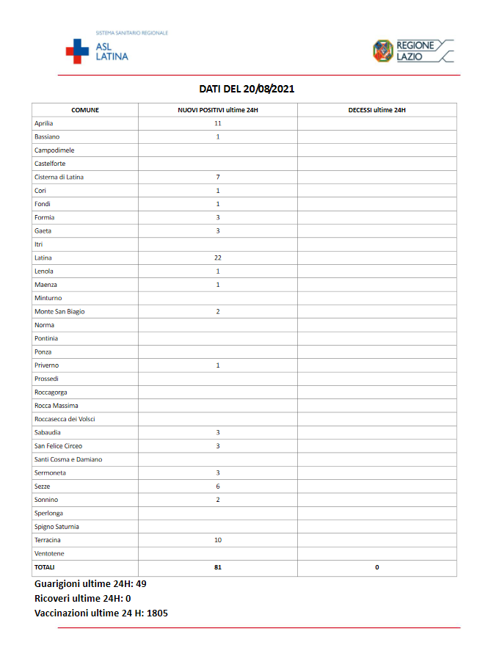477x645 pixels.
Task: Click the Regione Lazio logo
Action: coord(413,51)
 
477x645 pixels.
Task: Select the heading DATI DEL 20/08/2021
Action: coord(247,89)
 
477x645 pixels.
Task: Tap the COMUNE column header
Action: coord(85,110)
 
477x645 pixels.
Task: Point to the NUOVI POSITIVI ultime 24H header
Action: coord(218,110)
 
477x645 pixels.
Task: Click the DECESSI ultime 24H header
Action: coord(376,110)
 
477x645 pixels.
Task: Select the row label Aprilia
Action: coord(43,123)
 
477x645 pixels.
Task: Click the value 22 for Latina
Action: coord(218,258)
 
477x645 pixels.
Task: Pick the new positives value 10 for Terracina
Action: coord(218,539)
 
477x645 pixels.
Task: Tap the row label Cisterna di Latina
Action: coord(59,177)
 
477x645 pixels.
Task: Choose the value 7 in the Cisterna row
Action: coord(218,177)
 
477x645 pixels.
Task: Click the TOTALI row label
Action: coord(44,567)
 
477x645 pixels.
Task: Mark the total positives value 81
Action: coord(218,567)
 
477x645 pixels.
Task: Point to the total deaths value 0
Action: coord(376,567)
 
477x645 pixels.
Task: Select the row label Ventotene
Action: coord(48,553)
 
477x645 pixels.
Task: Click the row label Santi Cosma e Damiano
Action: coord(68,459)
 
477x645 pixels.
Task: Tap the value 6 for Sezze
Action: coord(218,486)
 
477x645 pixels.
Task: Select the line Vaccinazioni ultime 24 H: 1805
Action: coord(101,613)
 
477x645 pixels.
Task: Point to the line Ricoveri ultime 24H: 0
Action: coord(82,598)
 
